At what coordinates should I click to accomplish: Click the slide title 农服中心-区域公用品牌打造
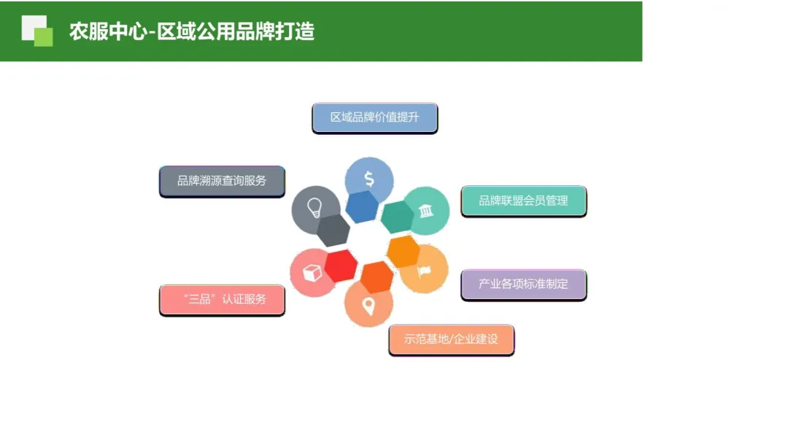point(191,32)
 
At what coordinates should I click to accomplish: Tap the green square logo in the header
point(37,31)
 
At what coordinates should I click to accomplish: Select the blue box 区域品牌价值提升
point(374,117)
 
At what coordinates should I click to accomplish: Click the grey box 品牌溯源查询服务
point(222,181)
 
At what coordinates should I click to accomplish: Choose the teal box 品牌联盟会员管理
point(523,200)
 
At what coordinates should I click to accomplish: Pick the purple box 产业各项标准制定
point(523,284)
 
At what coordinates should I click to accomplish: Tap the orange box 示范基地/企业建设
point(451,339)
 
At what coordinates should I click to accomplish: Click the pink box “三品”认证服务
point(222,299)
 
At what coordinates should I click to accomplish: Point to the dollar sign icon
point(369,179)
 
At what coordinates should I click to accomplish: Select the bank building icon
point(425,211)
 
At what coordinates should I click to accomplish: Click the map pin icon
point(368,306)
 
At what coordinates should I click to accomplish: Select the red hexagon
point(341,265)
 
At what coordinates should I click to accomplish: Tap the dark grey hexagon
point(333,230)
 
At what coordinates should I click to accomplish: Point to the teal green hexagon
point(398,217)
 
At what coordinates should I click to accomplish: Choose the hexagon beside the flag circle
point(403,252)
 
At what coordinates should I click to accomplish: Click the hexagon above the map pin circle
point(376,277)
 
